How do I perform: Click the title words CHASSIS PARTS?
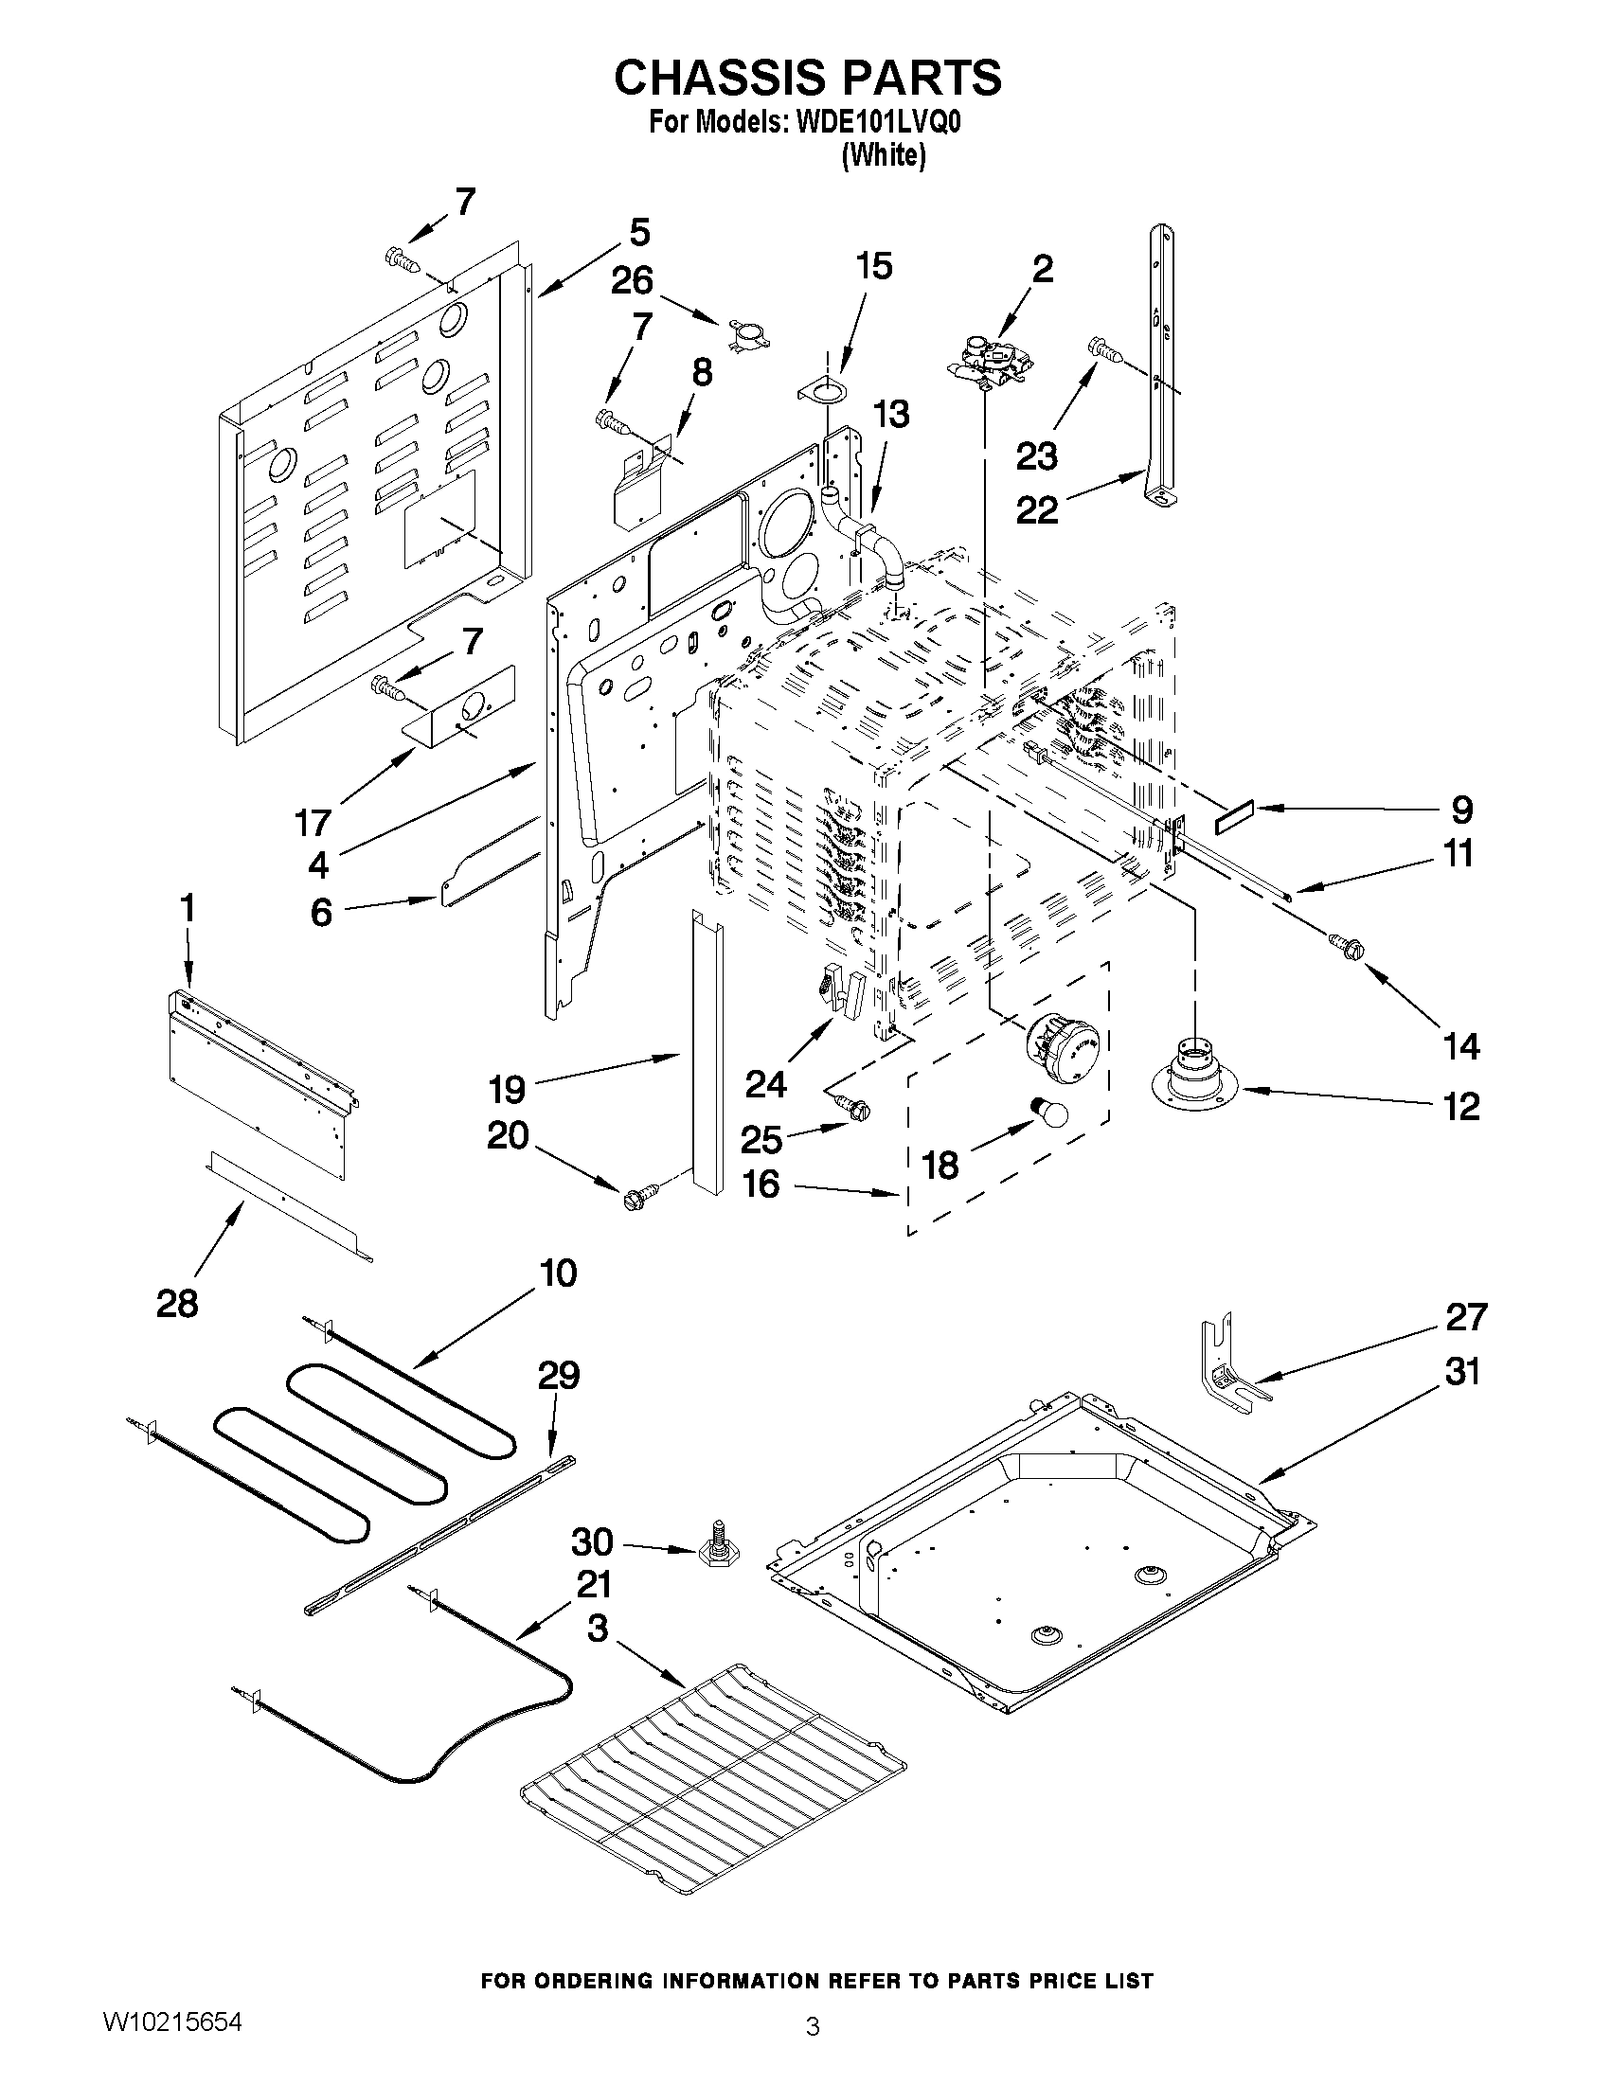(x=807, y=78)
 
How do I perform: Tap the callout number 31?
(x=1461, y=1372)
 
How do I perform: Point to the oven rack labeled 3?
(x=711, y=1772)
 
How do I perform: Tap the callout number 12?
(x=1460, y=1107)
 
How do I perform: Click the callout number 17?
(x=313, y=822)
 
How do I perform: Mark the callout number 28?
(x=177, y=1303)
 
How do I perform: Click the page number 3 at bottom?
(x=813, y=2025)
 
